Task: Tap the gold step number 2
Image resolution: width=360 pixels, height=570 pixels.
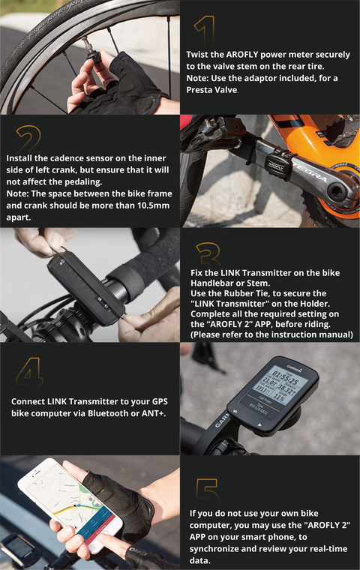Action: (28, 139)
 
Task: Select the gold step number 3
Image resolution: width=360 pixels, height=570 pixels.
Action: (208, 255)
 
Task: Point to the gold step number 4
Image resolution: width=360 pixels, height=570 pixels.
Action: (30, 373)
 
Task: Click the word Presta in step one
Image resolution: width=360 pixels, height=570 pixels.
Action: (199, 90)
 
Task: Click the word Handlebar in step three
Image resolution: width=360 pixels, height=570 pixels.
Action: (209, 283)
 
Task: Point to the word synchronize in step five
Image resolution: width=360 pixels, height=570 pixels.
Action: (214, 548)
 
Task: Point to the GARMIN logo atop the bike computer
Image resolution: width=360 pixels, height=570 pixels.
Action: (295, 368)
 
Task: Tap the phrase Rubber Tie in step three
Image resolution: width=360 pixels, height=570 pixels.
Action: (244, 293)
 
